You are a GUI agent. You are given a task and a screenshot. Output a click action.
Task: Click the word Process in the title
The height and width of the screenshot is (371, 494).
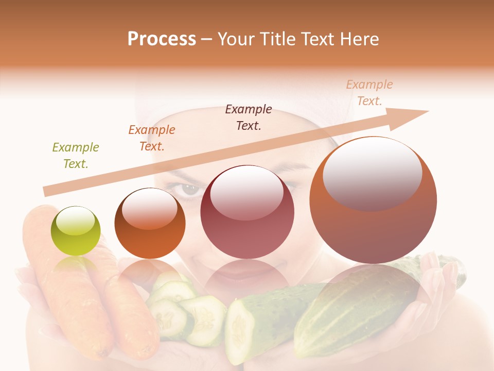[x=162, y=39]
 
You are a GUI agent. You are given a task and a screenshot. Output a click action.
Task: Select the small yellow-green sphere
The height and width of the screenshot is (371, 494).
[x=76, y=231]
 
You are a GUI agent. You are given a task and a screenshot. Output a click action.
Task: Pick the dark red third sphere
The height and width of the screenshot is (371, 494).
[x=247, y=212]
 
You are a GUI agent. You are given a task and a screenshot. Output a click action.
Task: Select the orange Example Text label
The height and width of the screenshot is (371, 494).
[x=152, y=138]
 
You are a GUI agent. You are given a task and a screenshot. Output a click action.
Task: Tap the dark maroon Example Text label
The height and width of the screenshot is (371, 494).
[x=249, y=117]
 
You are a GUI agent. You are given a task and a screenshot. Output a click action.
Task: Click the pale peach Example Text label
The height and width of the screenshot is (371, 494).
[x=369, y=93]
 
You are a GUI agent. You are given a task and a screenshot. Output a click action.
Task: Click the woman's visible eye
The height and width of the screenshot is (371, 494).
[x=189, y=189]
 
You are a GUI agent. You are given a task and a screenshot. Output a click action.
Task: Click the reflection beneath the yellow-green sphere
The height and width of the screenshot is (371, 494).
[x=76, y=265]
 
